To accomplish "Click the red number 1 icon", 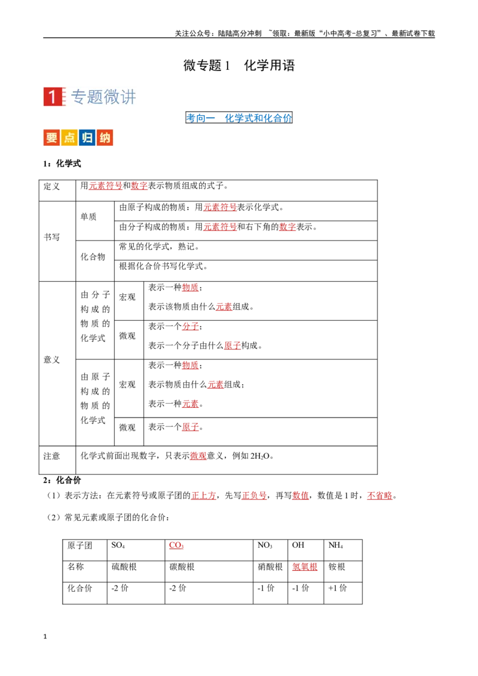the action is click(53, 98).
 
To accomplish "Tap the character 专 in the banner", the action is click(79, 97).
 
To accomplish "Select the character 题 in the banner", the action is click(96, 97).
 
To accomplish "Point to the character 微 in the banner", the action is click(112, 97).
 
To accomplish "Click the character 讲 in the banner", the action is click(128, 97).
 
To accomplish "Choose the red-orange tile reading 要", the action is click(51, 138).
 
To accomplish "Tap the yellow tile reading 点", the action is click(69, 138).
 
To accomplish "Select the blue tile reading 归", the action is click(87, 138).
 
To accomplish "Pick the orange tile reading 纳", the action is click(105, 138).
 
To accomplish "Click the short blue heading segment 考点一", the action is click(200, 118).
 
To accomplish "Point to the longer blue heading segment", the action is click(258, 118).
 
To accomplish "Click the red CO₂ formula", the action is click(177, 545).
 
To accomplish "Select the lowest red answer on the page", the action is click(305, 567).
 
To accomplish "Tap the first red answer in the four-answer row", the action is click(204, 496).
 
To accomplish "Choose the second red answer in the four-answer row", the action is click(254, 496).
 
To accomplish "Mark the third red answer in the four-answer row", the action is click(301, 496).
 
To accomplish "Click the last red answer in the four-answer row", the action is click(379, 496).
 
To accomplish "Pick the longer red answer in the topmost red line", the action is click(106, 186).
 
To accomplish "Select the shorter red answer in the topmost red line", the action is click(139, 186).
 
